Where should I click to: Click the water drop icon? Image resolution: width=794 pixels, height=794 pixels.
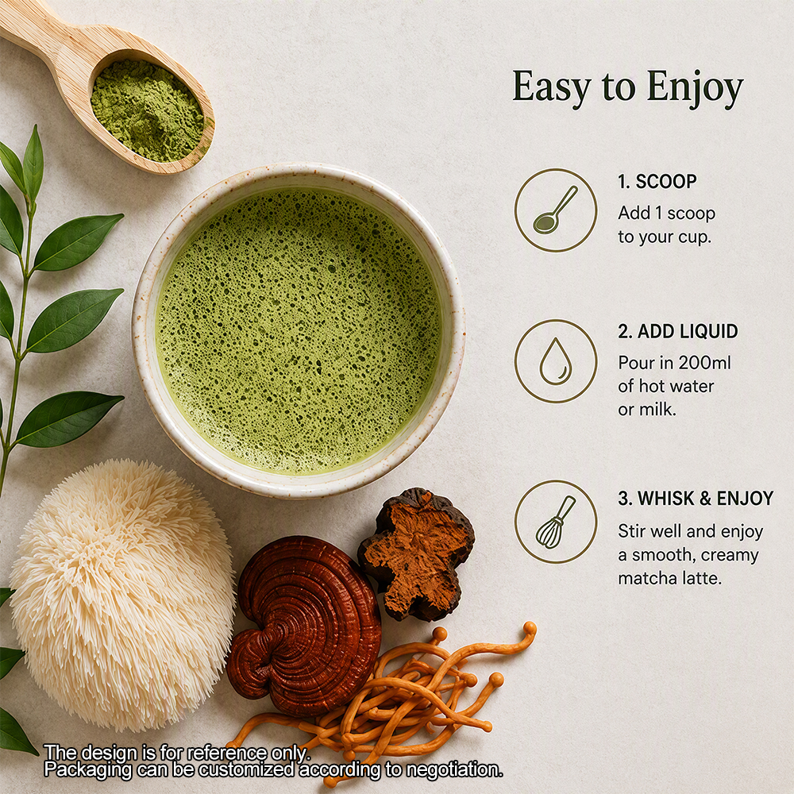click(556, 361)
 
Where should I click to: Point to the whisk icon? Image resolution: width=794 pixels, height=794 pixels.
click(556, 522)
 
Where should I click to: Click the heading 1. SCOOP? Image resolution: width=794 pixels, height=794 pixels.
click(657, 181)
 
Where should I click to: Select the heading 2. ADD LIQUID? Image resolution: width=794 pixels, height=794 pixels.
click(677, 331)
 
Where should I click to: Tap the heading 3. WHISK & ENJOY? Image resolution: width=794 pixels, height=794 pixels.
click(696, 499)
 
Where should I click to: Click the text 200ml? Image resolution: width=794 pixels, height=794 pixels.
click(705, 363)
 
